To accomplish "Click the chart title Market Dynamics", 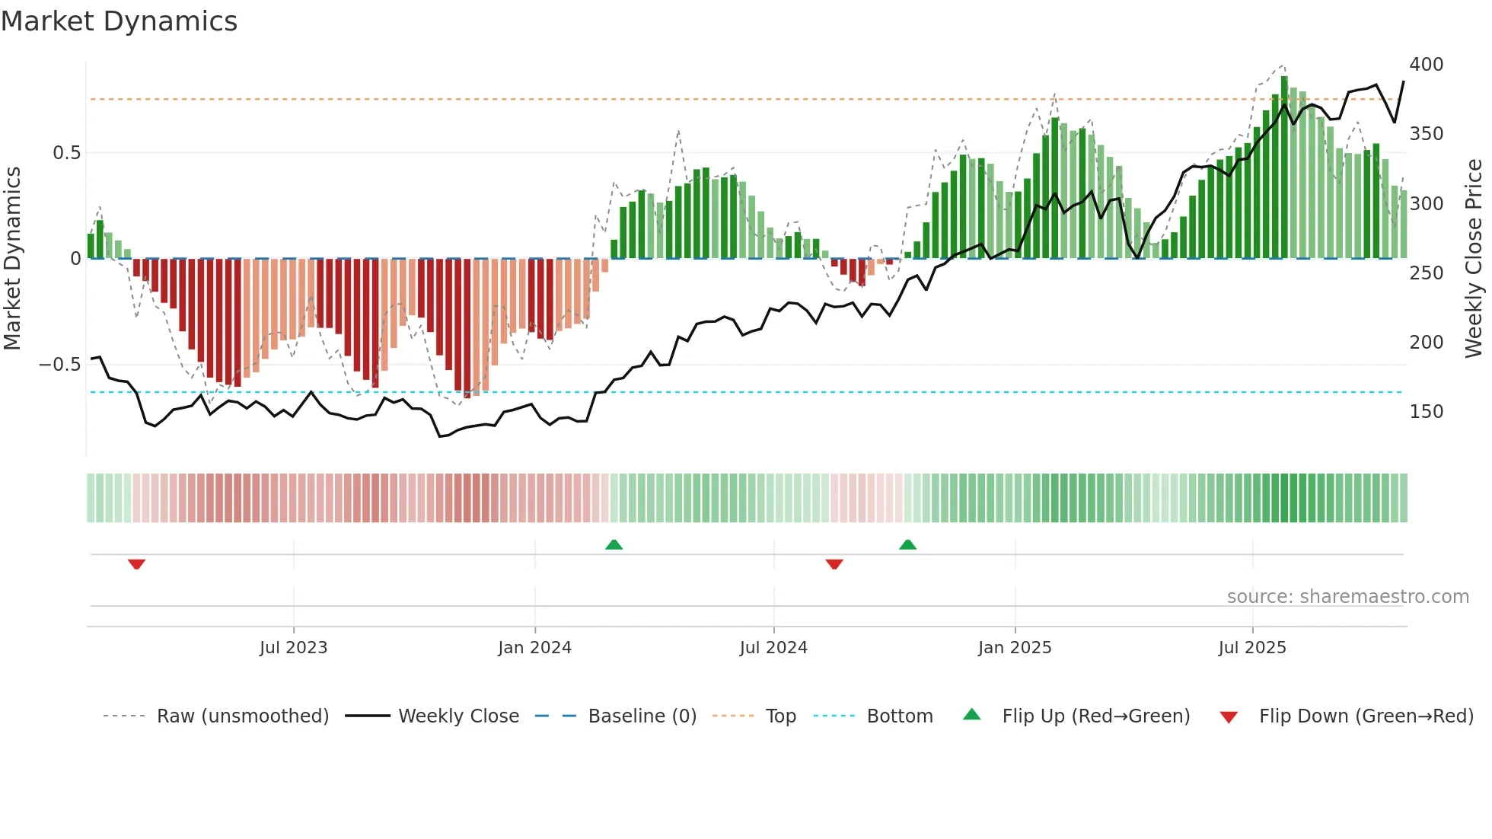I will (120, 21).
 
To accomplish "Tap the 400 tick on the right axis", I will (1426, 65).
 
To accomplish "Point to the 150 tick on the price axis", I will (1426, 412).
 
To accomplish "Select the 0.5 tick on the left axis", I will (66, 153).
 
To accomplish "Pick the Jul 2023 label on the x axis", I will (293, 648).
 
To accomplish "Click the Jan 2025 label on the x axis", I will (1014, 648).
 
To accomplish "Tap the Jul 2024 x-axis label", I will (773, 648).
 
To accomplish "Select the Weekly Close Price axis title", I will (1474, 259).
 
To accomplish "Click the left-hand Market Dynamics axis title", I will (12, 259).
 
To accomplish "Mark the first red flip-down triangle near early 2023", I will (136, 564).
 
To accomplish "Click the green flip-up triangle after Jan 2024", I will (614, 544).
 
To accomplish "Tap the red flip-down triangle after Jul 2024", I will (834, 564).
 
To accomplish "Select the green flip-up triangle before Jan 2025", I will (907, 544).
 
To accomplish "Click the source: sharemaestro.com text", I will (1347, 597).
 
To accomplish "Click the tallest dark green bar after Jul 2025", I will (1284, 167).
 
